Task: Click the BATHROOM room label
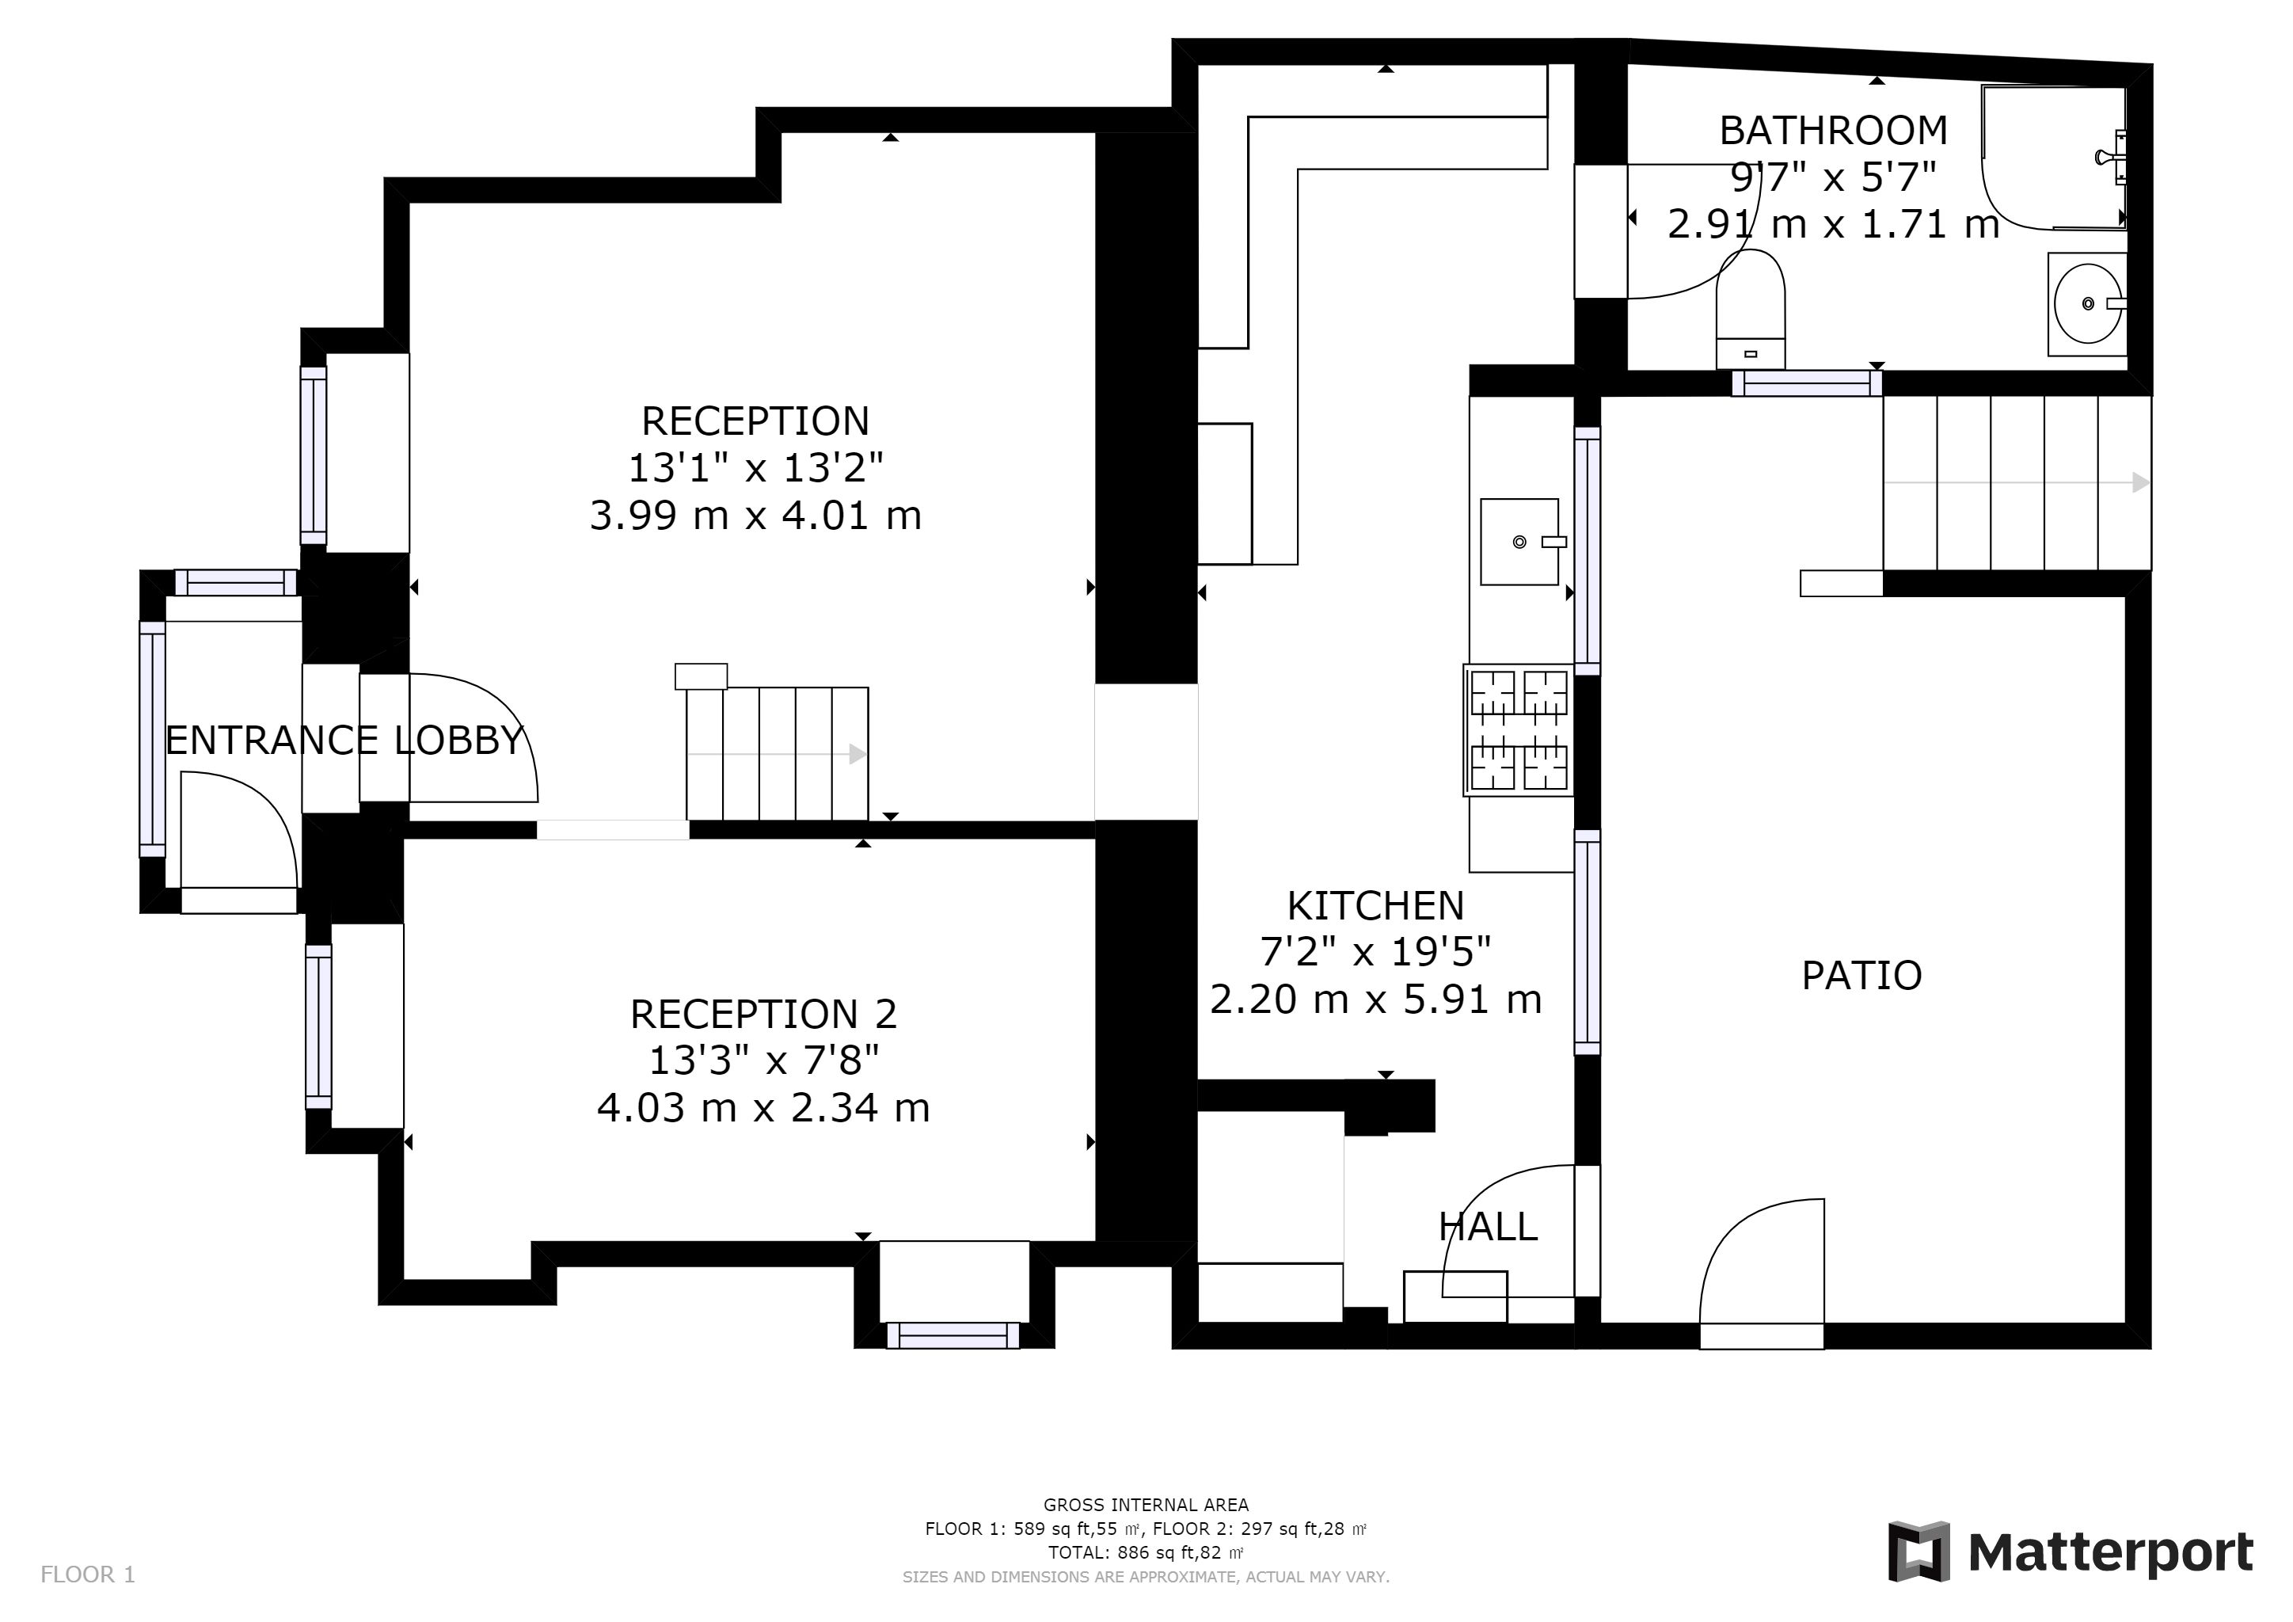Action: click(x=1833, y=131)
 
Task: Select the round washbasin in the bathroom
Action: click(x=2087, y=303)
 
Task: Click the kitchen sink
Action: click(x=1520, y=542)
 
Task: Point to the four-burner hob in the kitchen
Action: click(x=1518, y=730)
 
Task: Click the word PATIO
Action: click(x=1861, y=976)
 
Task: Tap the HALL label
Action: click(x=1488, y=1227)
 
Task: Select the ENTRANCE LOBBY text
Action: click(x=344, y=740)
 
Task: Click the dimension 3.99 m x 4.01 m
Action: click(x=755, y=516)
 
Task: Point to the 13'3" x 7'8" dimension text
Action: click(x=764, y=1060)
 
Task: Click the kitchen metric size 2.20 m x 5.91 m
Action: click(x=1376, y=999)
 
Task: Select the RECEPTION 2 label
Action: click(x=764, y=1014)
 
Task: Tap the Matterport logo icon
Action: click(x=1918, y=1551)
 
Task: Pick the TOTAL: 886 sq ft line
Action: click(x=1146, y=1553)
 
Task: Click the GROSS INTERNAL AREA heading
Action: click(x=1146, y=1505)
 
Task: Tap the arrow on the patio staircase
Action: click(x=2017, y=482)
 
